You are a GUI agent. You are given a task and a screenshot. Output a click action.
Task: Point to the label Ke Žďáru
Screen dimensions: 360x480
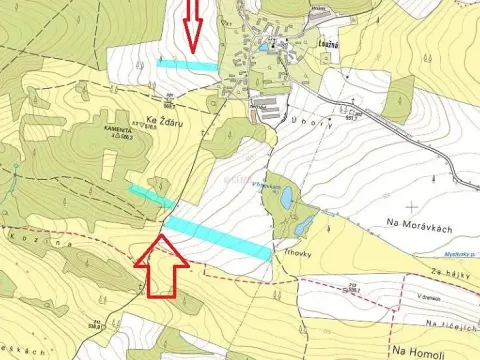(x=166, y=122)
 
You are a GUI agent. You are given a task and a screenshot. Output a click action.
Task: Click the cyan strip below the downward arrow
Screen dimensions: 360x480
(x=187, y=63)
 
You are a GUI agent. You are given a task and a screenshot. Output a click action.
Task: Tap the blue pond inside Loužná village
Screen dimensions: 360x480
(x=262, y=45)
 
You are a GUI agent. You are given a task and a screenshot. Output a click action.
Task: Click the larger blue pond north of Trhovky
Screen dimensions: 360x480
(x=287, y=197)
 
